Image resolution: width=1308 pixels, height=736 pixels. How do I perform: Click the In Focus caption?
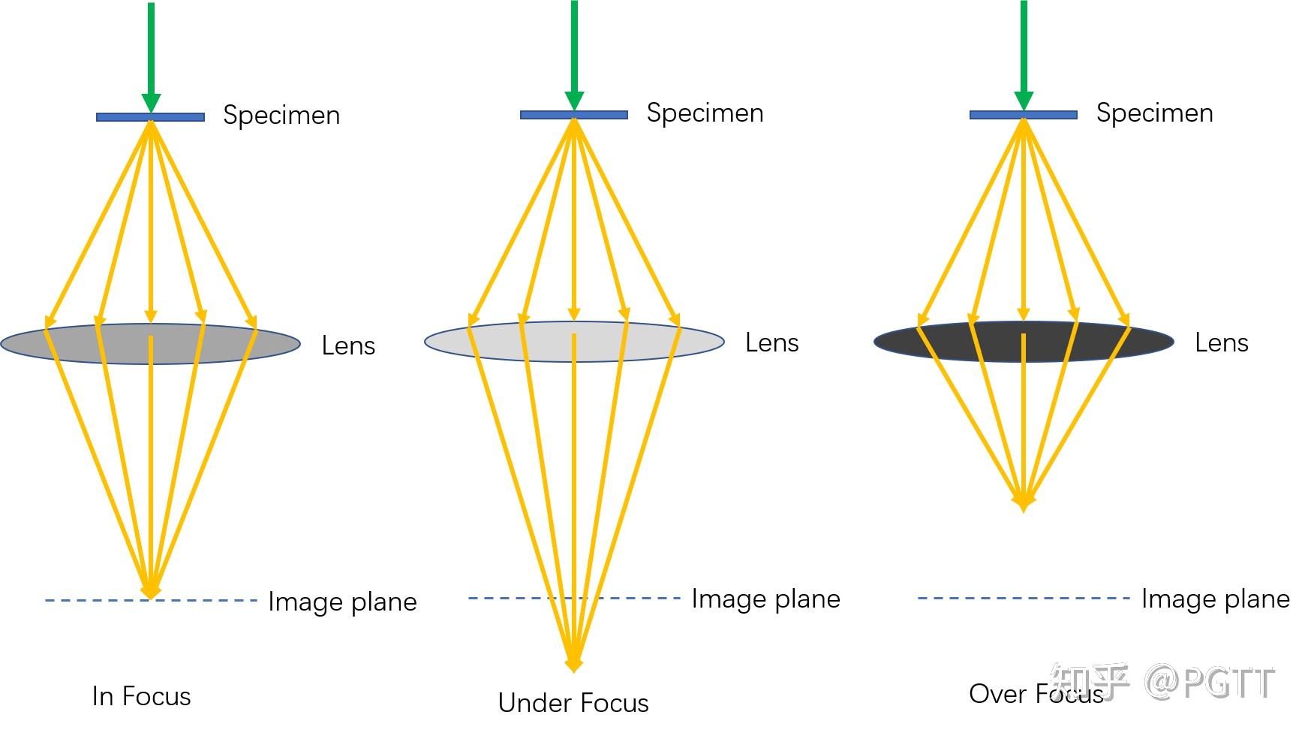point(141,696)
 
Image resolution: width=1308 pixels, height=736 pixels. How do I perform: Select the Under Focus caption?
point(573,703)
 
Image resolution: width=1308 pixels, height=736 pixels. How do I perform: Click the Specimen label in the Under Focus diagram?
point(705,113)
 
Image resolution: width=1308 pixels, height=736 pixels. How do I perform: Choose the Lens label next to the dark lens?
point(1221,342)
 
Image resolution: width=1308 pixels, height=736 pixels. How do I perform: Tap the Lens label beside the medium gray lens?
point(348,345)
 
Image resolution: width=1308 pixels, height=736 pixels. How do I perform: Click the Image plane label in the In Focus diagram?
point(342,602)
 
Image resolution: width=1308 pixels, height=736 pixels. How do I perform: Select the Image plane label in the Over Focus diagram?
point(1215,599)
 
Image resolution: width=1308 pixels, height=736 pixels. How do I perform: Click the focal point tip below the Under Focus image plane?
point(573,664)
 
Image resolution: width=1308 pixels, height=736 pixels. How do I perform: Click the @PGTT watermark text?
point(1208,682)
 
